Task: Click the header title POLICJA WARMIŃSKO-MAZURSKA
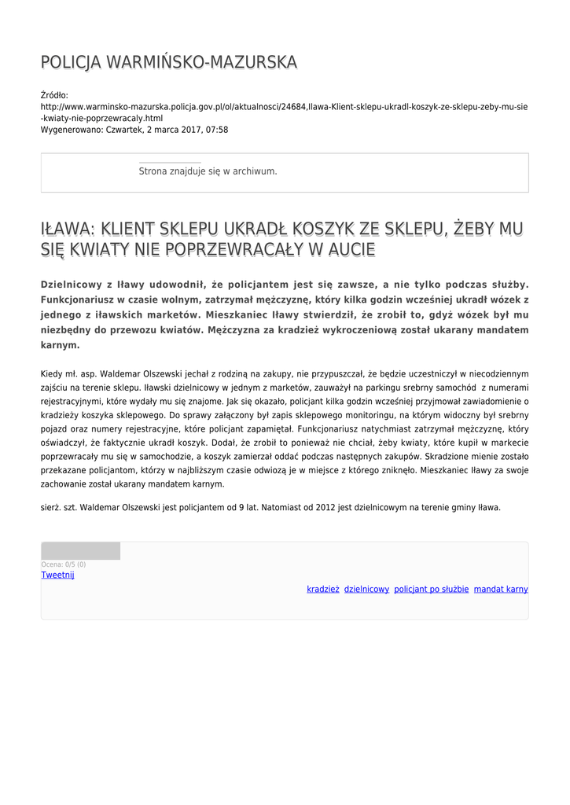coord(169,62)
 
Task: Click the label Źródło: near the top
coord(55,95)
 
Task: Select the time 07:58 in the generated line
coord(216,130)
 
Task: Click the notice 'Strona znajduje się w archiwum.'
coord(208,171)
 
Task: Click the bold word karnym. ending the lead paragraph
coord(61,344)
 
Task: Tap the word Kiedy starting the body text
coord(51,374)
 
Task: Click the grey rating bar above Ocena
coord(80,550)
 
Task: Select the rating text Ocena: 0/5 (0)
coord(64,564)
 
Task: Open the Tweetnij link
coord(57,575)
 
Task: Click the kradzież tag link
coord(323,589)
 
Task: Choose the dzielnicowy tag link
coord(366,589)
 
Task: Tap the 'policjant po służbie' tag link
coord(431,589)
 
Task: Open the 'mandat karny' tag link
coord(501,589)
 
